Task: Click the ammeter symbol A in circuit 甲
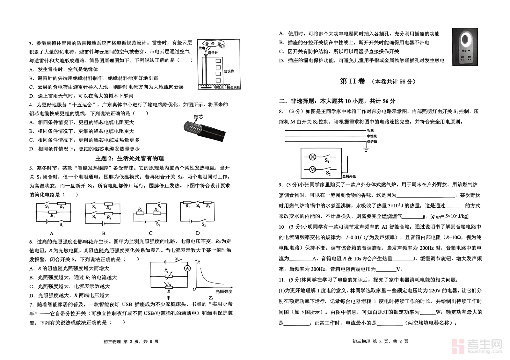click(188, 268)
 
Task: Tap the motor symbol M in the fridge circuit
click(313, 169)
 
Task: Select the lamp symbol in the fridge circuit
click(313, 157)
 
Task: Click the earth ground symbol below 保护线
click(366, 149)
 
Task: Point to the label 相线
click(370, 130)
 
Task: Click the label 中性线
click(371, 136)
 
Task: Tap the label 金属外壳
click(349, 176)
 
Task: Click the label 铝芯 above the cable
click(198, 117)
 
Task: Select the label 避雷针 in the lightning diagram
click(213, 53)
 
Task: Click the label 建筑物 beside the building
click(229, 71)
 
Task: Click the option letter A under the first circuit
click(52, 233)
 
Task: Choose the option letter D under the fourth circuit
click(198, 233)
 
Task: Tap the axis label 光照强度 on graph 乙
click(224, 291)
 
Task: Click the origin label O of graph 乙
click(194, 289)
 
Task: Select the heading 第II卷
click(352, 81)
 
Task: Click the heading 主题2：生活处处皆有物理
click(129, 158)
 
